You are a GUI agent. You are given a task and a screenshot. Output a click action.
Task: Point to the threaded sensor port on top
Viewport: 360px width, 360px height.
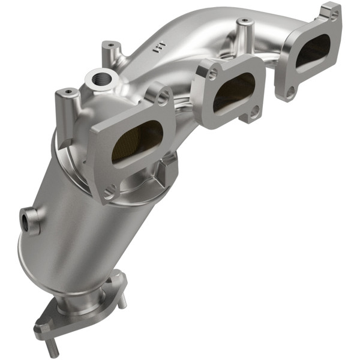coord(97,77)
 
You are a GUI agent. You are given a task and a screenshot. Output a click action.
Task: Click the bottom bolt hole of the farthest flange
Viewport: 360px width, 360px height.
coord(290,92)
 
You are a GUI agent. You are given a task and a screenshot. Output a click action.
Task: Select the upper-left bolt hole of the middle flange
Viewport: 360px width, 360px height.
coord(212,73)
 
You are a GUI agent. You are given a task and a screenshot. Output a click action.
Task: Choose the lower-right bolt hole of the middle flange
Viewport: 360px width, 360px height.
coord(254,112)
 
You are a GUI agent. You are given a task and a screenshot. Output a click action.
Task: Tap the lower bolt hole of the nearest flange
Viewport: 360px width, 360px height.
coord(109,193)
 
